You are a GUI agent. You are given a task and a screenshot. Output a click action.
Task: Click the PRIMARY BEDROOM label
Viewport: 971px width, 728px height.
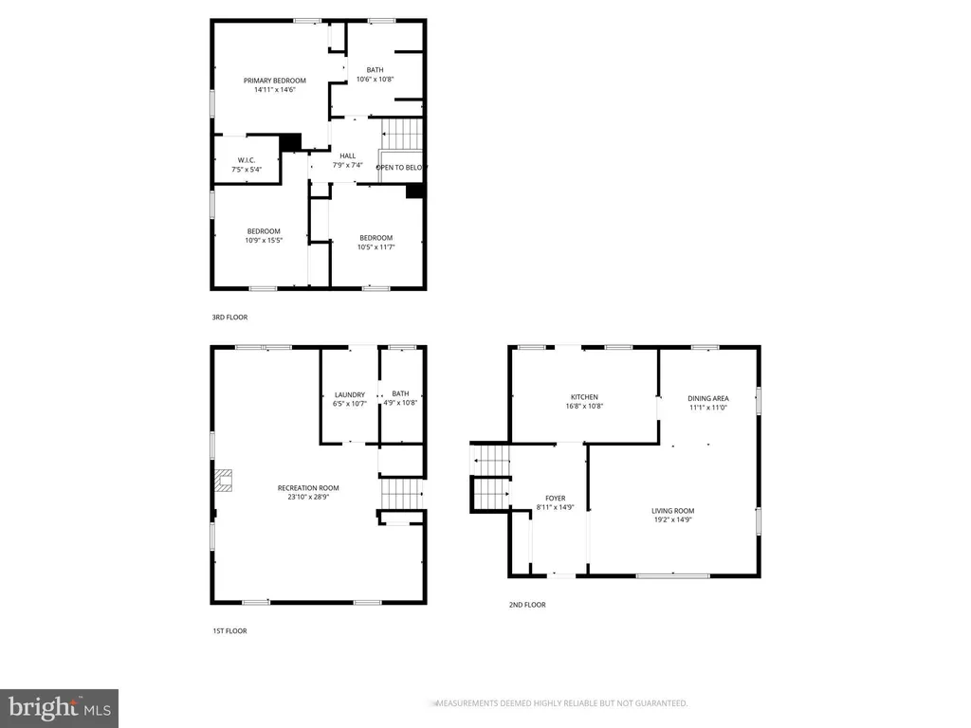coord(274,81)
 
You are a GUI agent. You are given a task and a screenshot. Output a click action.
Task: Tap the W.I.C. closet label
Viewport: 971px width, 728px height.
coord(247,160)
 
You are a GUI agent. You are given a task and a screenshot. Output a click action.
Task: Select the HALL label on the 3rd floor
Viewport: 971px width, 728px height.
coord(347,156)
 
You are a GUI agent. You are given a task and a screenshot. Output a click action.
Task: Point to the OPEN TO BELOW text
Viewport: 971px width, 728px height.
coord(401,168)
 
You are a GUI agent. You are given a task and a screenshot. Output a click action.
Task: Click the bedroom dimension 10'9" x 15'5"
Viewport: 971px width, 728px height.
coord(264,241)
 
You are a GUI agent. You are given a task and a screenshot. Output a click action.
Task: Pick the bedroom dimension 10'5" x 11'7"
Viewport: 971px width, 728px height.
coord(376,247)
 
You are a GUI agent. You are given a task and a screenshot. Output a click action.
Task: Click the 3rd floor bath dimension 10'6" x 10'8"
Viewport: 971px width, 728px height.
coord(375,80)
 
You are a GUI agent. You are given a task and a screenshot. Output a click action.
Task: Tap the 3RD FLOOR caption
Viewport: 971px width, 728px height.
coord(229,318)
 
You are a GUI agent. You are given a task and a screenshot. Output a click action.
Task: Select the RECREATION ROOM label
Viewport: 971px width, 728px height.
coord(308,488)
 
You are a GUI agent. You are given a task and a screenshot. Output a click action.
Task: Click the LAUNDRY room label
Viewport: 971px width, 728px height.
coord(350,395)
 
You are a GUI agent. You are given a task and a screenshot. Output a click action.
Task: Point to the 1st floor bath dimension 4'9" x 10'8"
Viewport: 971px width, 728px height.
coord(400,402)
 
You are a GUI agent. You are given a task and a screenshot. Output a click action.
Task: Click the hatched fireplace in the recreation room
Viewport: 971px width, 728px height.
coord(224,481)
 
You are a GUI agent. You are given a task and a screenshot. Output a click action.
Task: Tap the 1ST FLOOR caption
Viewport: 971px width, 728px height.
coord(229,630)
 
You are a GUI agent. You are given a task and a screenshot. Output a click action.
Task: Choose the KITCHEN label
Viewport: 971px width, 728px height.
coord(584,397)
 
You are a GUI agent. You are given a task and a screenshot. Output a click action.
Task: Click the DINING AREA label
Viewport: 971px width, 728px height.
coord(707,399)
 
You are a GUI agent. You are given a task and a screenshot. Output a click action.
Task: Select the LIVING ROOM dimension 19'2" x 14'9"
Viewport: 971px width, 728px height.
coord(672,520)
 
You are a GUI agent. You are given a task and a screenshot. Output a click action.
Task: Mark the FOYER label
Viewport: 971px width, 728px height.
coord(556,499)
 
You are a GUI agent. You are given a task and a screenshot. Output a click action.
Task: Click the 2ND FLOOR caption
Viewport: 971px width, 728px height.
coord(527,605)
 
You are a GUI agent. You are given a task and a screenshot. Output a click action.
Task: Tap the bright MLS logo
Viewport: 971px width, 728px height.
coord(59,708)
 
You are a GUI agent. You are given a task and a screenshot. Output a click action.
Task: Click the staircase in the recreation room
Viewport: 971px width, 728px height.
coord(402,493)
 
